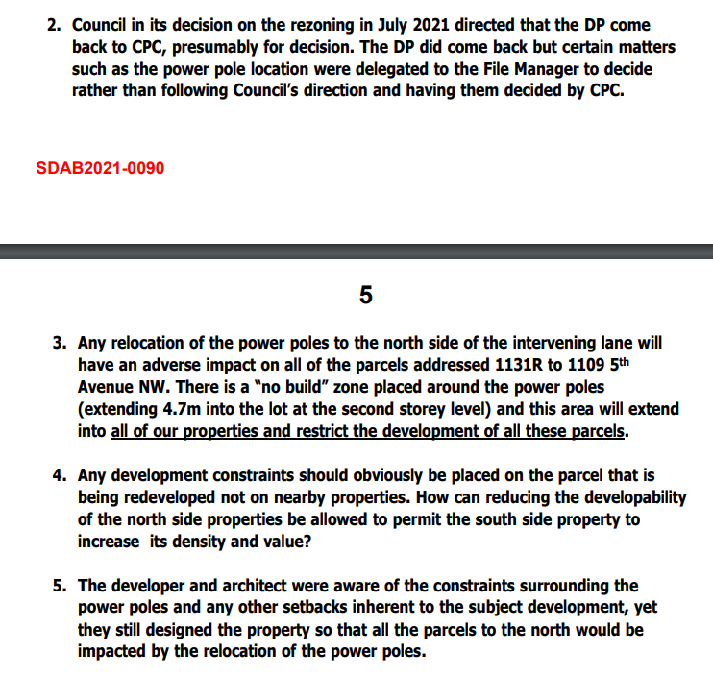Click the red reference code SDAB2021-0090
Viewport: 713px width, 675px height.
[x=100, y=168]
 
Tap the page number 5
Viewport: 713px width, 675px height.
[x=365, y=294]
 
